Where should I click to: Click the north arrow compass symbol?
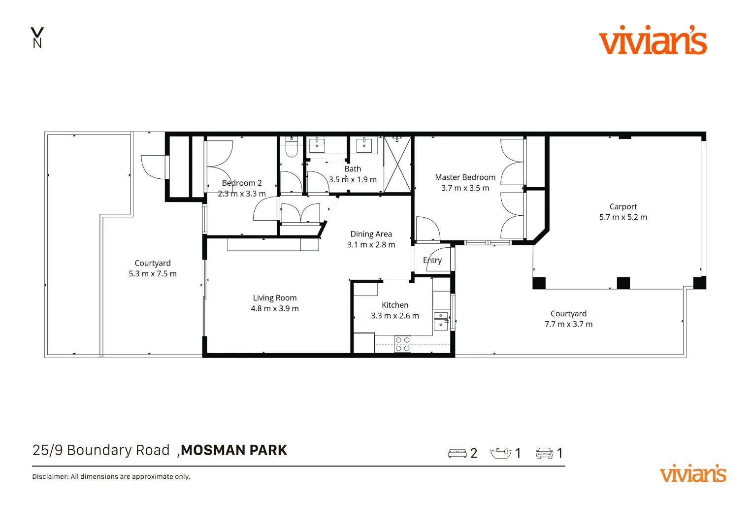tap(37, 37)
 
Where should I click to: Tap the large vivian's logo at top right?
tap(653, 40)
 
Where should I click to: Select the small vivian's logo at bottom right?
tap(692, 474)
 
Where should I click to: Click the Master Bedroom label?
tap(465, 177)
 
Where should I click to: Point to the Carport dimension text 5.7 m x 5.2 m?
tap(623, 217)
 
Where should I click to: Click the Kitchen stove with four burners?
tap(402, 344)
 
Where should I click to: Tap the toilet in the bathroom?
tap(292, 147)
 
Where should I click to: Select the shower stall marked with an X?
tap(397, 165)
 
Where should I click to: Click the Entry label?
tap(432, 261)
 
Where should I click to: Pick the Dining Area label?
tap(371, 234)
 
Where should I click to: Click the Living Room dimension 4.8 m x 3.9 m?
tap(274, 308)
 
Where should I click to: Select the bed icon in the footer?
tap(457, 453)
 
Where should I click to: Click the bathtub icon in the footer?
tap(500, 453)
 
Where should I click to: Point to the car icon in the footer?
tap(544, 453)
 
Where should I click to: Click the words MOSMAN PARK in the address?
tap(234, 450)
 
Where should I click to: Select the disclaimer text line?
tap(111, 476)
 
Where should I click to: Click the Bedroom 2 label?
tap(242, 183)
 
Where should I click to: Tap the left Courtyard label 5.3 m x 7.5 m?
tap(153, 268)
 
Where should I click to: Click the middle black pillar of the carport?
tap(623, 283)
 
